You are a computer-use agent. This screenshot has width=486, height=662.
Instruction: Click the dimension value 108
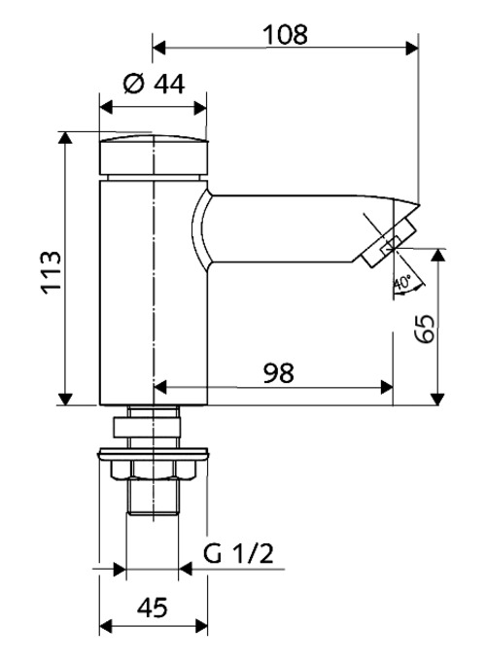[285, 34]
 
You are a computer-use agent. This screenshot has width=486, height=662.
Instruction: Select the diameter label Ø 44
[155, 85]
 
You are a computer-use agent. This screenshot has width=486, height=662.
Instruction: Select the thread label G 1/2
[237, 555]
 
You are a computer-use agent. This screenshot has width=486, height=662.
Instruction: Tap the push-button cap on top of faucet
[155, 153]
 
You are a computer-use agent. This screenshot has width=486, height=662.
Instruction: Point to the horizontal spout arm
[292, 227]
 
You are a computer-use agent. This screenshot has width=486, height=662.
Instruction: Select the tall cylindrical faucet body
[155, 292]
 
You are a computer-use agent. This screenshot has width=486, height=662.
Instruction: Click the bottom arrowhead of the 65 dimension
[438, 398]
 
